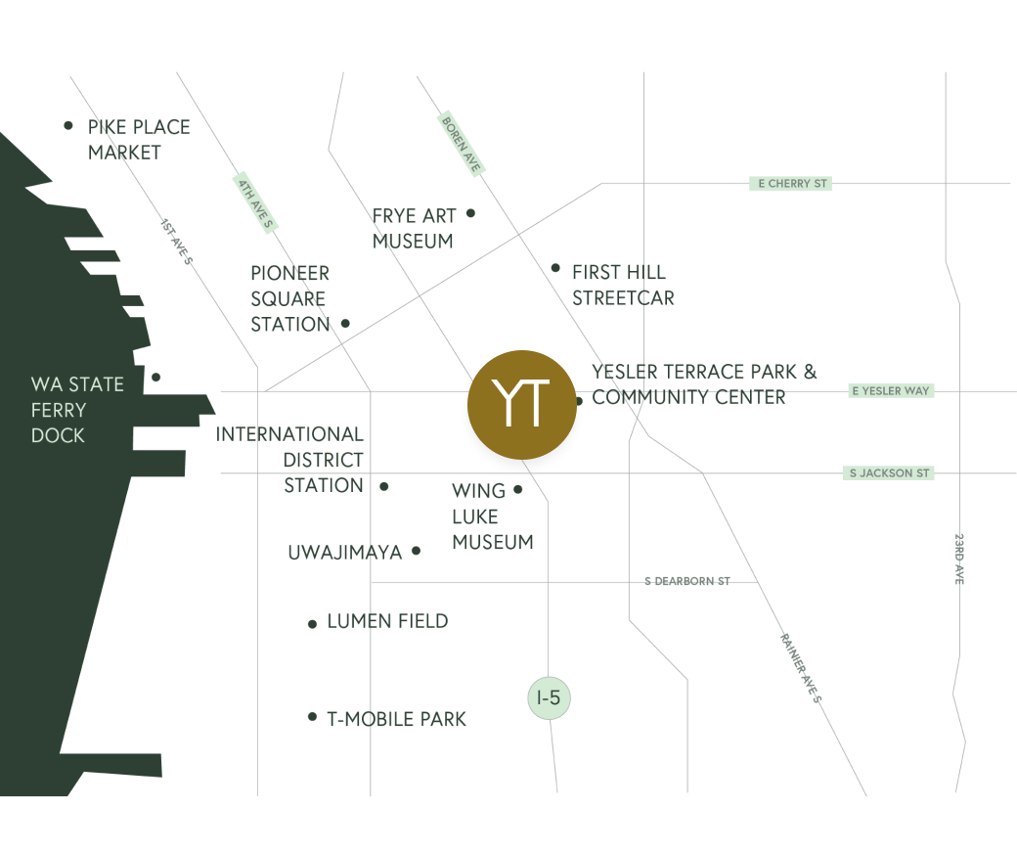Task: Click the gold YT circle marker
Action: (521, 404)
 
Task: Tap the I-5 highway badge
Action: (549, 698)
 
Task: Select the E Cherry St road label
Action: (790, 183)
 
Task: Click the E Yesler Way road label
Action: (891, 391)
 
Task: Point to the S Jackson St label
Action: (889, 473)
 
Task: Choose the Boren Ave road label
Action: (461, 144)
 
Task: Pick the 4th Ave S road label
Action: (254, 202)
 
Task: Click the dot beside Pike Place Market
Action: (68, 125)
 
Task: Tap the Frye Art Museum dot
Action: (470, 213)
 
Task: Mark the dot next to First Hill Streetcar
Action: (555, 268)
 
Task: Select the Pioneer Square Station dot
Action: (345, 322)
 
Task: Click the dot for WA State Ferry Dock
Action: (156, 377)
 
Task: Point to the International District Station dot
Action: (384, 486)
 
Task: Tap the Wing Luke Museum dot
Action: (518, 489)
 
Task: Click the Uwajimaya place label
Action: (344, 553)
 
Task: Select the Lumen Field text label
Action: (387, 621)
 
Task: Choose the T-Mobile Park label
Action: (396, 719)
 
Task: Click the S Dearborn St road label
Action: (687, 581)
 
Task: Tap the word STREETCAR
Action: (623, 297)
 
